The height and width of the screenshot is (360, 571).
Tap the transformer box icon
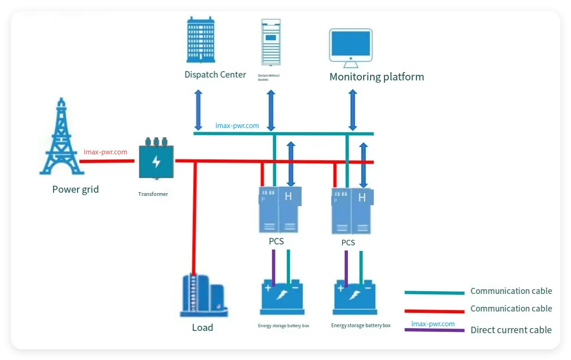point(156,159)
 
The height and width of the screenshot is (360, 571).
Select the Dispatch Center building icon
point(200,40)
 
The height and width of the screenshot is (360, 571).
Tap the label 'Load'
point(202,328)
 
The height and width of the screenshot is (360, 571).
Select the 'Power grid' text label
point(75,189)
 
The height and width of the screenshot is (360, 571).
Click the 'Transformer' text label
point(153,194)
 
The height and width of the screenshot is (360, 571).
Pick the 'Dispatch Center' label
point(215,74)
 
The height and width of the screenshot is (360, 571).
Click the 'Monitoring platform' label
point(377,77)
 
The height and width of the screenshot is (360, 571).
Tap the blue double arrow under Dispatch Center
point(198,110)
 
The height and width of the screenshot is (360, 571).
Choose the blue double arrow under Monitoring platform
point(352,110)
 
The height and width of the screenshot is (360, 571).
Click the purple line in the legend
point(434,330)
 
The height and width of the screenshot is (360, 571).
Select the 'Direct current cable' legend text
point(511,330)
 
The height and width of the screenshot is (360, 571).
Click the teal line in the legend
point(434,293)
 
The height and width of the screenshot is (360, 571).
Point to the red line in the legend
point(434,311)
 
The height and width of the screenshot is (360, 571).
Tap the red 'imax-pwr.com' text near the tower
point(105,152)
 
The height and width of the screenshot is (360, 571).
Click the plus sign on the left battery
point(268,288)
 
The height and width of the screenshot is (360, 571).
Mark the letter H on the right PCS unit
point(362,198)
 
